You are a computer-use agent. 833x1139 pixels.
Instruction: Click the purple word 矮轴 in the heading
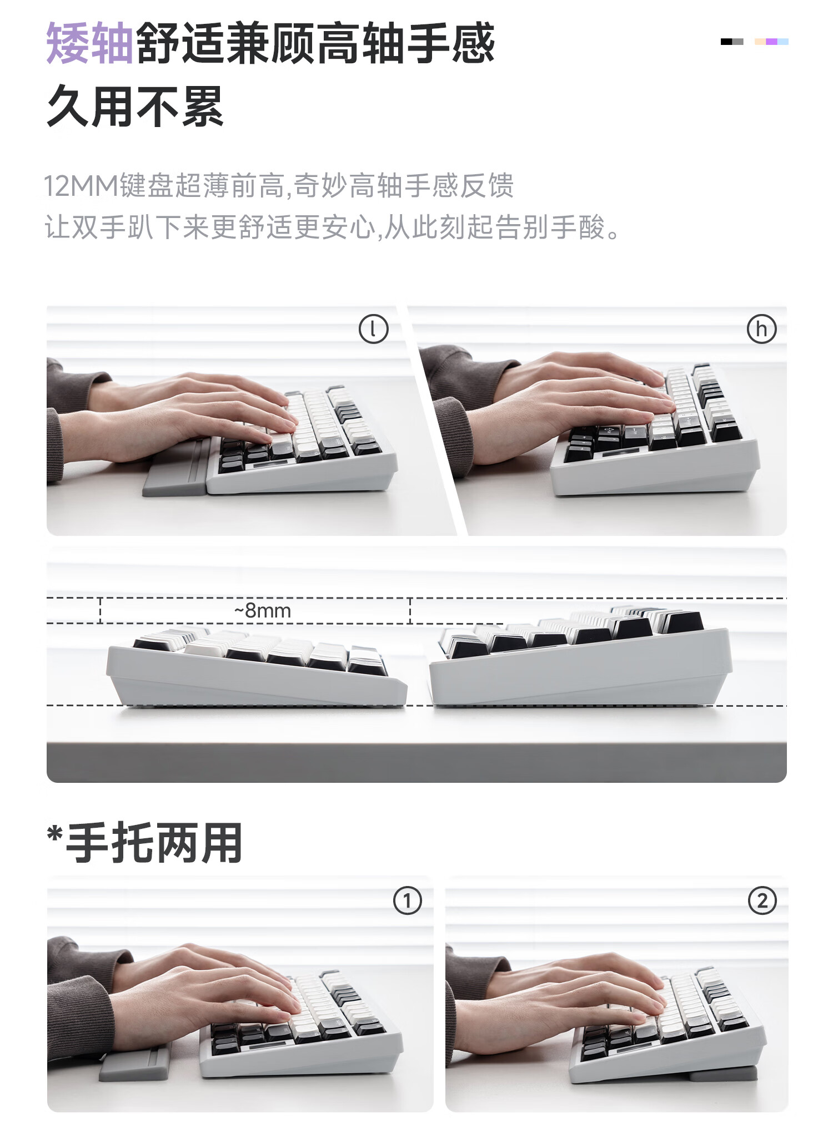(89, 43)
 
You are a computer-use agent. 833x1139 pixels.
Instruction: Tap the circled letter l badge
(373, 329)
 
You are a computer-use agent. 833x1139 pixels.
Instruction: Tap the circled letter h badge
(761, 329)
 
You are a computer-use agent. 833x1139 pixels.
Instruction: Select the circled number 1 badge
(408, 900)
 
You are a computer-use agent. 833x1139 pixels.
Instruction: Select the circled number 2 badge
(762, 900)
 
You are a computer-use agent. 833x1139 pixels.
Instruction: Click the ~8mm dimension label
(262, 611)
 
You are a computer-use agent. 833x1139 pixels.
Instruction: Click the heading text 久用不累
(135, 107)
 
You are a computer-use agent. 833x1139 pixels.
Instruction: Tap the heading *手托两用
(145, 843)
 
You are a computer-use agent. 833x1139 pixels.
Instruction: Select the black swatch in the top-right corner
(726, 42)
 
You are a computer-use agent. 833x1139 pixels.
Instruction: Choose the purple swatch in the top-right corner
(771, 42)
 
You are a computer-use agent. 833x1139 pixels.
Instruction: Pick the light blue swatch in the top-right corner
(783, 42)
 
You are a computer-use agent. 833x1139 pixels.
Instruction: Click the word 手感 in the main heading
(450, 43)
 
